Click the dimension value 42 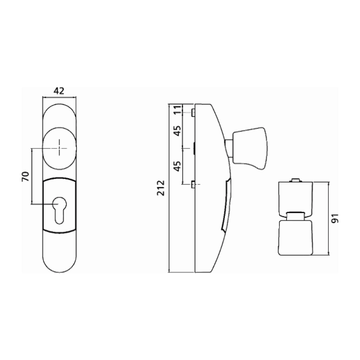(59, 92)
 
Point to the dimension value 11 (177, 111)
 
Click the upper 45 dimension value (177, 131)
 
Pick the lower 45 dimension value (177, 165)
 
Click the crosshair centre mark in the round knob (59, 148)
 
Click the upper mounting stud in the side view (191, 112)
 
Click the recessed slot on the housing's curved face (226, 204)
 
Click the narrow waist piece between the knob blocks (295, 215)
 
